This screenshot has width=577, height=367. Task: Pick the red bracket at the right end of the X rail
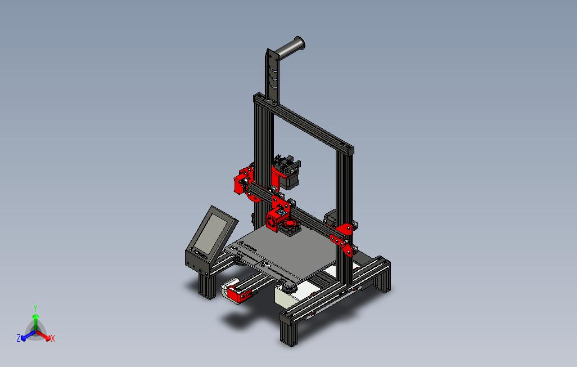tap(344, 236)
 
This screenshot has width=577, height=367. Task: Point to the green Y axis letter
tap(35, 308)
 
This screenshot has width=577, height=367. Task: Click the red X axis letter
tap(52, 338)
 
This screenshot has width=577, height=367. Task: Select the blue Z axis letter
tap(19, 338)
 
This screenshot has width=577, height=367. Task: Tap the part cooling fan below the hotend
tap(290, 227)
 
